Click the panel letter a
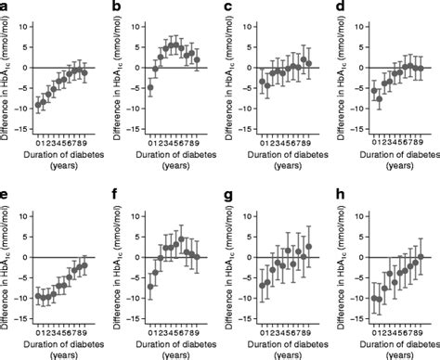pos(5,7)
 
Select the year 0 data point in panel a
pos(38,106)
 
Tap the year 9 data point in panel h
pos(421,257)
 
